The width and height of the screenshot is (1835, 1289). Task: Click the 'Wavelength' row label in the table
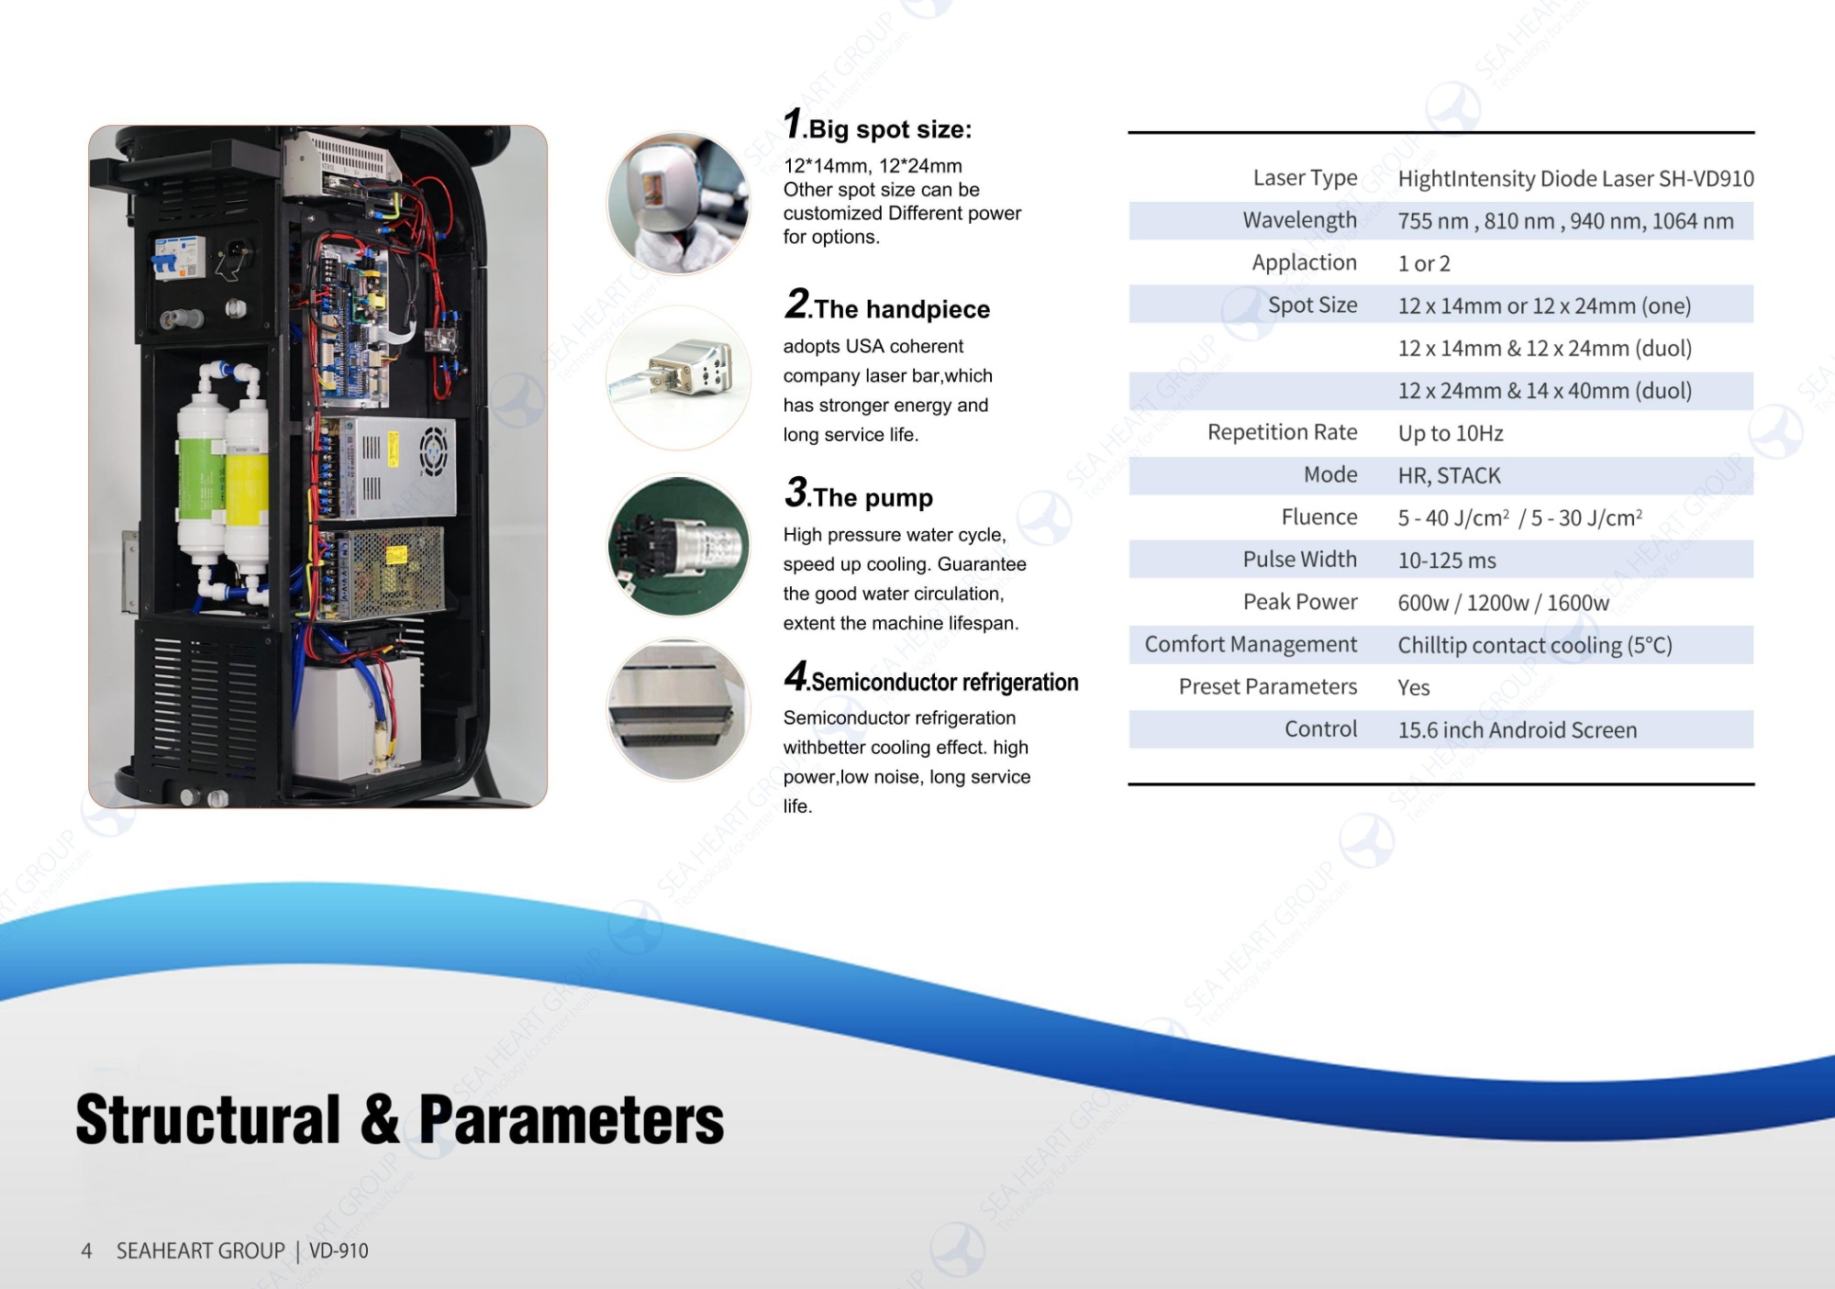1299,220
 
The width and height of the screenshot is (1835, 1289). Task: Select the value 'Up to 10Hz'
1450,433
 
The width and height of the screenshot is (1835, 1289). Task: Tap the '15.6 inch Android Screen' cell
1517,730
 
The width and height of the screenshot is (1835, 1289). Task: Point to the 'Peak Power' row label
1299,602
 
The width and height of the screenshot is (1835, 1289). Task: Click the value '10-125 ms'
1446,560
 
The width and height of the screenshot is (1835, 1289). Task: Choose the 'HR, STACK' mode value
1449,475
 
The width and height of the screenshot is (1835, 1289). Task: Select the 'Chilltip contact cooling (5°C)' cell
1534,645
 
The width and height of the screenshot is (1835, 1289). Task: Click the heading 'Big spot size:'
888,129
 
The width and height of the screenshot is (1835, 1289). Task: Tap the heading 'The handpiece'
901,309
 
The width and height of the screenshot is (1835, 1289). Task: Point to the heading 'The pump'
872,497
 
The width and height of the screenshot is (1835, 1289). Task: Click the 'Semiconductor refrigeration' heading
944,683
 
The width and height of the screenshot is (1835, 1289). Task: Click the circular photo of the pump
678,546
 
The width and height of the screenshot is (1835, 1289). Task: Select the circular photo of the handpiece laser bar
678,377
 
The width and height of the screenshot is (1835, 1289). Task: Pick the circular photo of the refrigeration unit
678,710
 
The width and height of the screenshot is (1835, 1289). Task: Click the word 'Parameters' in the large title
571,1120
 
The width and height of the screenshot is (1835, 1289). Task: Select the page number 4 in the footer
86,1251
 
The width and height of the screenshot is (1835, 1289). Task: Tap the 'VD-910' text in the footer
339,1251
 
